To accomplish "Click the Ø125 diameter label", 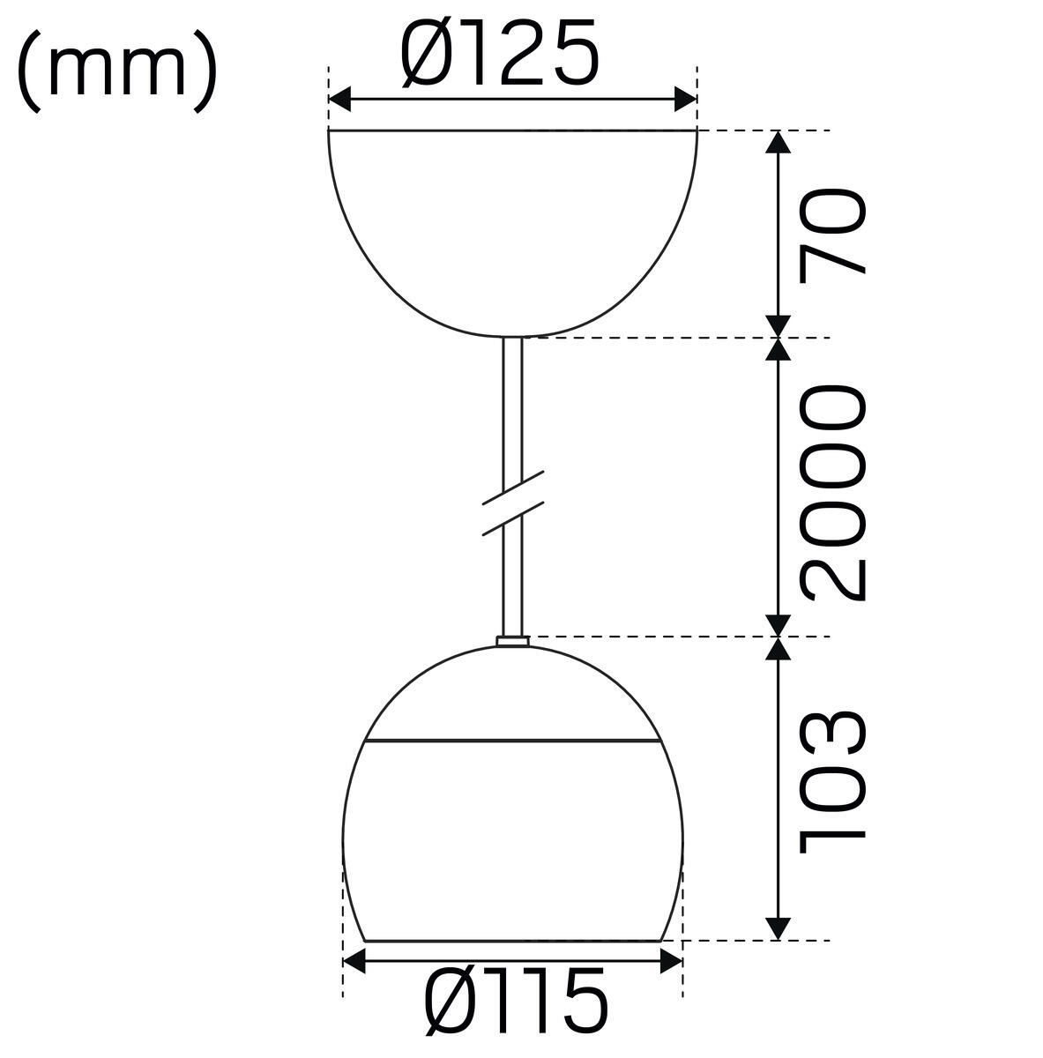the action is [499, 53].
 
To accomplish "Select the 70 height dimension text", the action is [833, 235].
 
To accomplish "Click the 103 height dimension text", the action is [833, 783].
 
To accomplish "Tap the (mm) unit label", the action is [117, 71].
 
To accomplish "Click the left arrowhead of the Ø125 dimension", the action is [339, 100].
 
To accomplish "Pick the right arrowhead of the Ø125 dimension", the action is [685, 100].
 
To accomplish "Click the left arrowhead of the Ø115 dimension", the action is [354, 961].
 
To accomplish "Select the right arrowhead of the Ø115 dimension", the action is [671, 961].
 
